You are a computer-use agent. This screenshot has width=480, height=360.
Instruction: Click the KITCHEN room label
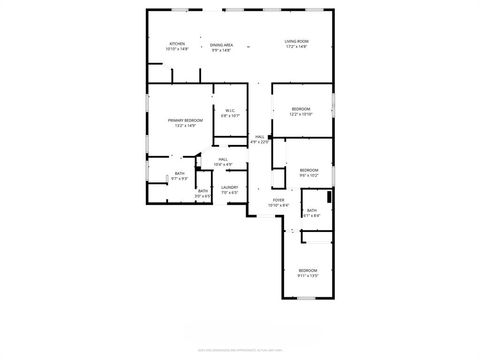click(x=177, y=43)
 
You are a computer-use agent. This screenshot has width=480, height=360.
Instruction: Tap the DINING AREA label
click(x=222, y=44)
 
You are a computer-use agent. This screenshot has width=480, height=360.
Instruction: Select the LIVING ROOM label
click(x=296, y=41)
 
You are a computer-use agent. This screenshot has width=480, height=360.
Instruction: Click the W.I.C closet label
click(x=229, y=110)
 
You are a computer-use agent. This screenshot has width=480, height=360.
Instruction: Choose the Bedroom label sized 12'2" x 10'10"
click(x=301, y=108)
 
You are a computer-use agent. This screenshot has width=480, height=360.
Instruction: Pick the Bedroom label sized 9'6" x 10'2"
click(x=308, y=170)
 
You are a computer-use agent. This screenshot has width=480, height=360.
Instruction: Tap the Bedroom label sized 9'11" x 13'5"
click(x=307, y=270)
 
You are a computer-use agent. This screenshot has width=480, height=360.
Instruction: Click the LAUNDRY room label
click(x=229, y=187)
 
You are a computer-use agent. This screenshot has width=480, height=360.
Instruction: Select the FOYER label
click(x=279, y=200)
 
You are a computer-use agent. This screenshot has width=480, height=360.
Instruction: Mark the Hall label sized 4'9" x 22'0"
click(x=259, y=137)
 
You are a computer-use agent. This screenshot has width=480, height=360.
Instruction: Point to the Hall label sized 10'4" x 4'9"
click(x=223, y=159)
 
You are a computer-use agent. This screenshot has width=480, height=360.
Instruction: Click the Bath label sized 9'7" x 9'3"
click(x=180, y=174)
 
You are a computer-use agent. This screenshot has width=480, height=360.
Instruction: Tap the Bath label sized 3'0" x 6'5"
click(x=203, y=191)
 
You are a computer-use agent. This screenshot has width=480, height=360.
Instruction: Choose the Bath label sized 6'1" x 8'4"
click(x=312, y=210)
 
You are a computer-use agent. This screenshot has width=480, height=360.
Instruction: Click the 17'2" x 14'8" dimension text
click(x=296, y=48)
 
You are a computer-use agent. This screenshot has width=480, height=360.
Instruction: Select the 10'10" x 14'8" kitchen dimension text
click(x=177, y=49)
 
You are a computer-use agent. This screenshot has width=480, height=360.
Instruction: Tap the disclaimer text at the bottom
click(x=240, y=349)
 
